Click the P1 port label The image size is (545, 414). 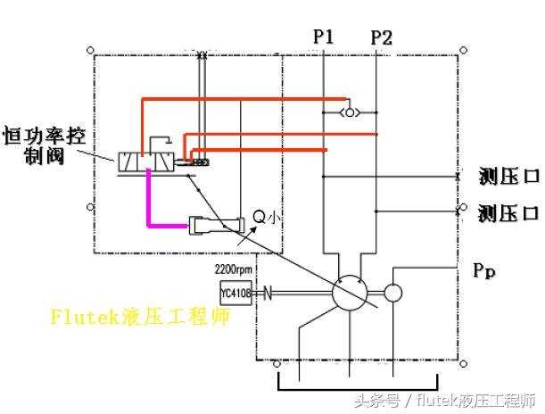click(x=323, y=37)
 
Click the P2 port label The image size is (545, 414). click(x=381, y=37)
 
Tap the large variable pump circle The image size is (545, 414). click(x=349, y=293)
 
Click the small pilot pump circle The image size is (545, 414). click(x=393, y=293)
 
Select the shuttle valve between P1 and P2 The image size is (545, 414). click(x=350, y=112)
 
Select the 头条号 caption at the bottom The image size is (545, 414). click(x=446, y=400)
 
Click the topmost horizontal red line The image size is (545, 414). click(x=241, y=99)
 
